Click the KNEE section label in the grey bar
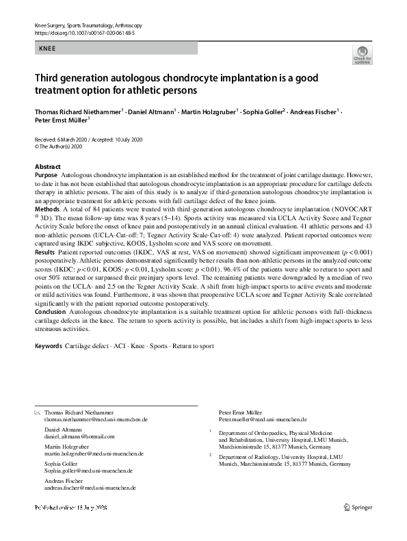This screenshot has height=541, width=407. pyautogui.click(x=49, y=49)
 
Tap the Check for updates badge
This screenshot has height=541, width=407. pyautogui.click(x=363, y=55)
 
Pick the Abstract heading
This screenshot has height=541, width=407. pyautogui.click(x=48, y=167)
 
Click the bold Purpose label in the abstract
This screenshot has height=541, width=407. pyautogui.click(x=47, y=176)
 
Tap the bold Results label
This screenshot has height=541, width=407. pyautogui.click(x=46, y=252)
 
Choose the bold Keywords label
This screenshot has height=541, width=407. pyautogui.click(x=49, y=346)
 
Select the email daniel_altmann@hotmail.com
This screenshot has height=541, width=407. pyautogui.click(x=79, y=436)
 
